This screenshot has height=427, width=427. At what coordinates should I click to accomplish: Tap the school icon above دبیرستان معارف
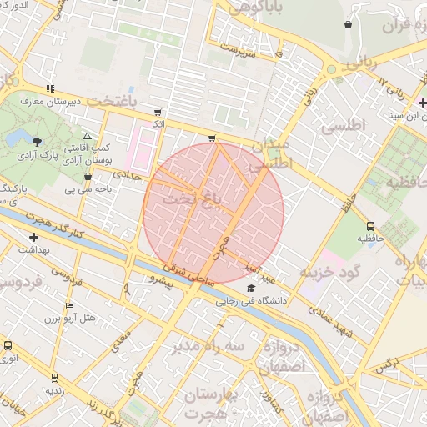51,88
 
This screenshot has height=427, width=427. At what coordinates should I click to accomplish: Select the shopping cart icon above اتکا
158,112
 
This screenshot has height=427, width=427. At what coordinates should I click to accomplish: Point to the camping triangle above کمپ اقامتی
87,135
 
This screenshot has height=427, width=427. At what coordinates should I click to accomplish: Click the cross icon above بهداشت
33,238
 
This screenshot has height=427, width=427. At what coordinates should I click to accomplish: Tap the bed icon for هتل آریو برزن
89,305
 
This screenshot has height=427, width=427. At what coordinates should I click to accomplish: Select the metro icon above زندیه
55,378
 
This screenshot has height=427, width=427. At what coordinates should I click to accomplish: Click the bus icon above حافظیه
370,225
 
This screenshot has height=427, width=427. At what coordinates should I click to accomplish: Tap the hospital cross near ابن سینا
423,103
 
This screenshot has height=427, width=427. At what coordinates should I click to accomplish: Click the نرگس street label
383,364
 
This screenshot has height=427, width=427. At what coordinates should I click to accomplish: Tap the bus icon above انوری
8,346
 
